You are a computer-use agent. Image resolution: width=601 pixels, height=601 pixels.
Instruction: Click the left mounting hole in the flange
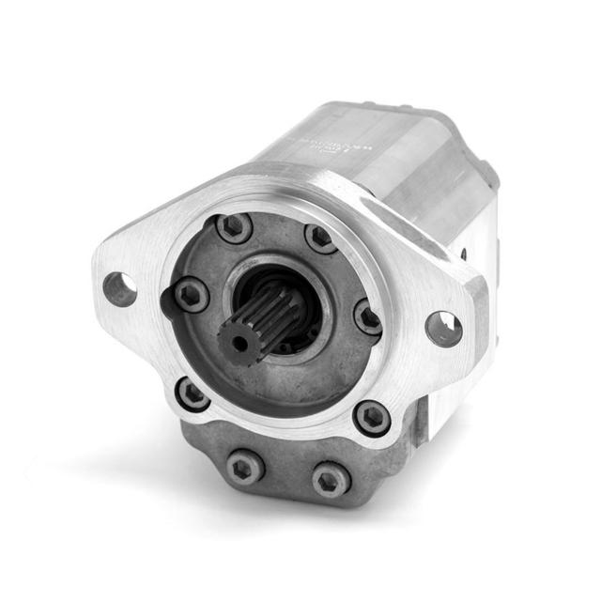[119, 288]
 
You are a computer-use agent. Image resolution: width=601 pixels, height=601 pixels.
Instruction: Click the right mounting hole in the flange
[443, 328]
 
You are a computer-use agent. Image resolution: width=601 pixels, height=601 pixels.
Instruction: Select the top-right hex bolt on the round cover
[321, 238]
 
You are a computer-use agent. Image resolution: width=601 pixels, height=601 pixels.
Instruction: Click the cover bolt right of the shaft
[367, 317]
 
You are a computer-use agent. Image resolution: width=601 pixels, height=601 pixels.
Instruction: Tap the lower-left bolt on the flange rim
[193, 394]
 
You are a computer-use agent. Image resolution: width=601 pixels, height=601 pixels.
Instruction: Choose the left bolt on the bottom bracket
[246, 465]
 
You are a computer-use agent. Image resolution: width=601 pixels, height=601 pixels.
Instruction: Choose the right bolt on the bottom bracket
[331, 480]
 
